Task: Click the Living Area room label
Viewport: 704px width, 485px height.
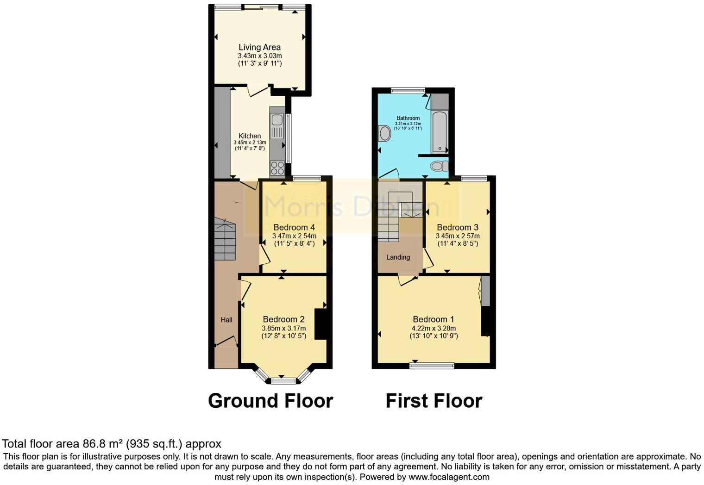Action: click(x=259, y=47)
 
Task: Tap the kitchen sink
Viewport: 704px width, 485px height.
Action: click(x=277, y=120)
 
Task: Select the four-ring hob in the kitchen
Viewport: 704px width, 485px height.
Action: click(x=277, y=168)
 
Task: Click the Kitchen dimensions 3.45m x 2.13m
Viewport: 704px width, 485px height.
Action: click(x=250, y=143)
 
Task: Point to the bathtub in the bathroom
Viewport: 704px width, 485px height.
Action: click(x=440, y=132)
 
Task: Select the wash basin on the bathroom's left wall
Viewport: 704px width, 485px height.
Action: click(x=384, y=134)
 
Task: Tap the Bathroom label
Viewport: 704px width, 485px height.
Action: click(x=408, y=118)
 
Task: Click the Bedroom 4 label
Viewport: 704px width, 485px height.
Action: click(x=294, y=227)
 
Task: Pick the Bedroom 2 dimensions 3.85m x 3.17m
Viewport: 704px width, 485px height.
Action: click(x=283, y=328)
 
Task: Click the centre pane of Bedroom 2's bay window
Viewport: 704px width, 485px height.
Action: click(x=283, y=381)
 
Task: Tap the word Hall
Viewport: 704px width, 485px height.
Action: click(x=226, y=320)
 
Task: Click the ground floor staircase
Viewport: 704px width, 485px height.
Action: click(x=225, y=240)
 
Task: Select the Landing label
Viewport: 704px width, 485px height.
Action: click(x=398, y=257)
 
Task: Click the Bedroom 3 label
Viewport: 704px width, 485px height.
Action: click(x=458, y=227)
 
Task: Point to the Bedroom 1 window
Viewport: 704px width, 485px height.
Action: click(x=432, y=366)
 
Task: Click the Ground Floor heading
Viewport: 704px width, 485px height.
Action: click(x=270, y=401)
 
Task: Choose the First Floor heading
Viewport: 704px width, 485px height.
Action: click(x=434, y=401)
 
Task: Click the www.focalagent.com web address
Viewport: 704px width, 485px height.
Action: click(x=449, y=477)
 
